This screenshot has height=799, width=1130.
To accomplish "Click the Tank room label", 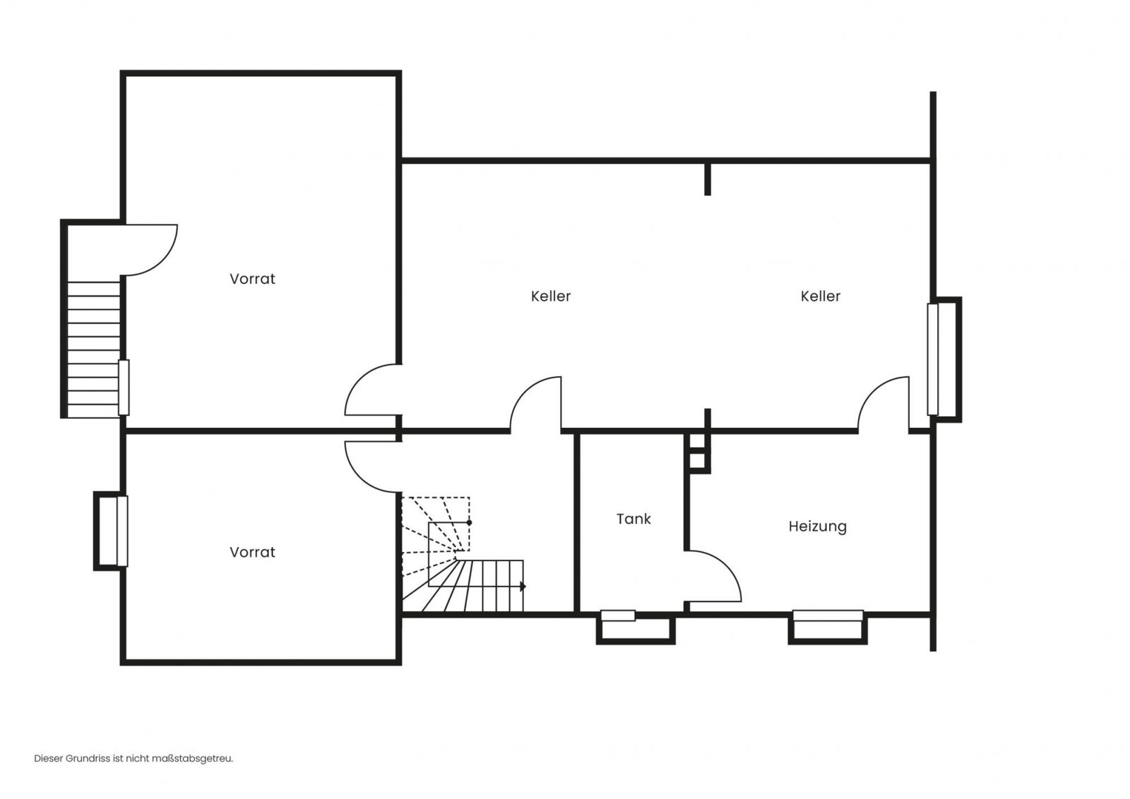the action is click(x=634, y=519).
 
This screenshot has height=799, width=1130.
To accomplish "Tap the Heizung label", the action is click(x=817, y=527).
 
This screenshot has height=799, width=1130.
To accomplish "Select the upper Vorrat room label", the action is click(x=252, y=279).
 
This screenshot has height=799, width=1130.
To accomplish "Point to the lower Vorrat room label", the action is click(x=252, y=553).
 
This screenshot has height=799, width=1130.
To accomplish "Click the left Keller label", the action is click(x=550, y=296).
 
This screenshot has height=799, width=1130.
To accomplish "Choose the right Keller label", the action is click(x=820, y=296).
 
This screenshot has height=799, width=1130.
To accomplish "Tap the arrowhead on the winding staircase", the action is click(x=523, y=587).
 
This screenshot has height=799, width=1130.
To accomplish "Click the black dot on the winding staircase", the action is click(x=469, y=523).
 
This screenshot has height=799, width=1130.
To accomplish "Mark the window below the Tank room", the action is click(x=618, y=615).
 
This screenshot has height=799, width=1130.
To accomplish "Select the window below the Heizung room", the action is click(x=828, y=615).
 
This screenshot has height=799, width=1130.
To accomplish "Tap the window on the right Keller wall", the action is click(x=933, y=359).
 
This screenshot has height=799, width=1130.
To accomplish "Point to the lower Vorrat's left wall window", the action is click(x=122, y=531).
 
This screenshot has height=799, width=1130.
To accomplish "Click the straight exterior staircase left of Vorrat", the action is click(x=94, y=350).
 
